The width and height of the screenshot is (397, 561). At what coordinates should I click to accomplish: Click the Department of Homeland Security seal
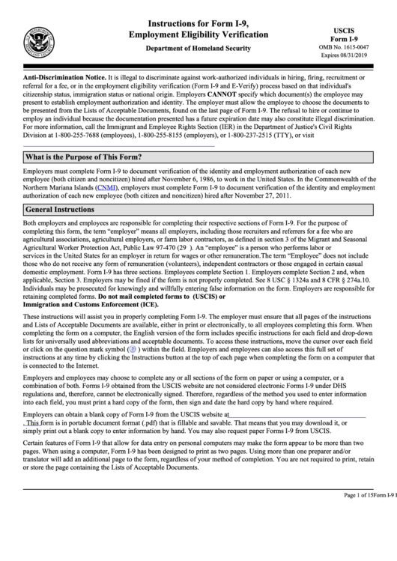pyautogui.click(x=37, y=39)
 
